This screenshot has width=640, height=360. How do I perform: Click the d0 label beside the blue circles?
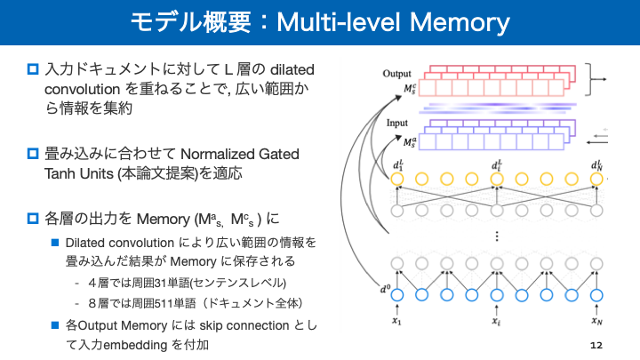(384, 287)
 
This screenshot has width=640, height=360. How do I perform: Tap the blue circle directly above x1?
(397, 294)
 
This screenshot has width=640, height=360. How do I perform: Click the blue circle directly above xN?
(597, 294)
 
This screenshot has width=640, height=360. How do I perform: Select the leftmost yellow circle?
(397, 179)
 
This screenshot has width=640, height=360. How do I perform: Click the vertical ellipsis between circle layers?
(497, 236)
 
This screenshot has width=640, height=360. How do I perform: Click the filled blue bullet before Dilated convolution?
(54, 242)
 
